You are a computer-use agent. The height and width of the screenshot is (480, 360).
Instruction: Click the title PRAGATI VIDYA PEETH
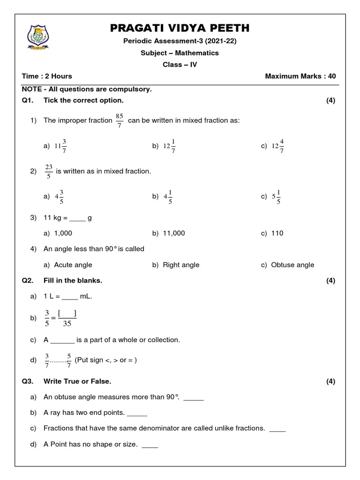pos(180,28)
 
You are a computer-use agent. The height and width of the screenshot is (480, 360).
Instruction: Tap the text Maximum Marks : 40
pos(300,76)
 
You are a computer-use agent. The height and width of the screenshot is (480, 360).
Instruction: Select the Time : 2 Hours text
pos(47,76)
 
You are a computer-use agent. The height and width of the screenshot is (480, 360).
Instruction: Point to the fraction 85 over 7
pos(120,120)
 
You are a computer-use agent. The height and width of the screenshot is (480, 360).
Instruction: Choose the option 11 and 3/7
pos(60,146)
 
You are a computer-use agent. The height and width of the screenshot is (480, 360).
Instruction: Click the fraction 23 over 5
pos(48,172)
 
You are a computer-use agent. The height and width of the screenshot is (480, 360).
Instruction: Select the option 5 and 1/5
pos(277,197)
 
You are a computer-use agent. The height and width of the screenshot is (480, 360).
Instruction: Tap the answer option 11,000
pos(173,233)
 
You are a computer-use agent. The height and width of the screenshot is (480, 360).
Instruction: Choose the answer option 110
pos(277,233)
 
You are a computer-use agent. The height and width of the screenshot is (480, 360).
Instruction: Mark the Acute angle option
pos(73,265)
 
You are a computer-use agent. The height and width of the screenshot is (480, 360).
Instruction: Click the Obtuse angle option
pos(292,265)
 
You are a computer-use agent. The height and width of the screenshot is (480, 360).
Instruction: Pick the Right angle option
pos(181,265)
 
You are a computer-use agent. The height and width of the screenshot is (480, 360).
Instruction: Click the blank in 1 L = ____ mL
pos(68,297)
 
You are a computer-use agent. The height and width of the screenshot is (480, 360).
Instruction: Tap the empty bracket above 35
pos(67,313)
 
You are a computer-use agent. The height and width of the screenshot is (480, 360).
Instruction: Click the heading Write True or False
pos(77,382)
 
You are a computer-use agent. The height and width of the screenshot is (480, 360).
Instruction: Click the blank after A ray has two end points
pos(137,413)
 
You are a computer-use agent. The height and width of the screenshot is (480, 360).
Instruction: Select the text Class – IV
pos(180,65)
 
